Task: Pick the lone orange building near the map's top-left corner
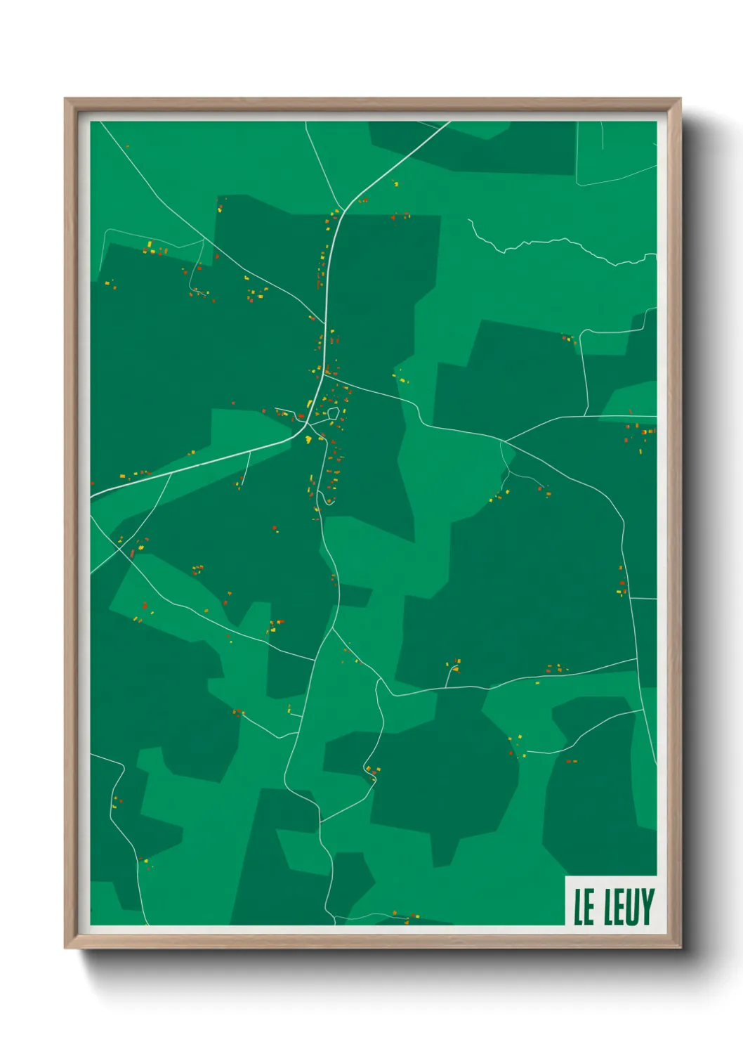point(127,146)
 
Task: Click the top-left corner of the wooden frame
point(65,99)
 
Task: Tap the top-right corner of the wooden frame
point(679,99)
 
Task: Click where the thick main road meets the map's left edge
point(91,495)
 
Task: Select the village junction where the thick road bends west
point(306,426)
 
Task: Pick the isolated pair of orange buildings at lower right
point(571,760)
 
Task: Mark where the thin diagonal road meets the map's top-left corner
point(100,122)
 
